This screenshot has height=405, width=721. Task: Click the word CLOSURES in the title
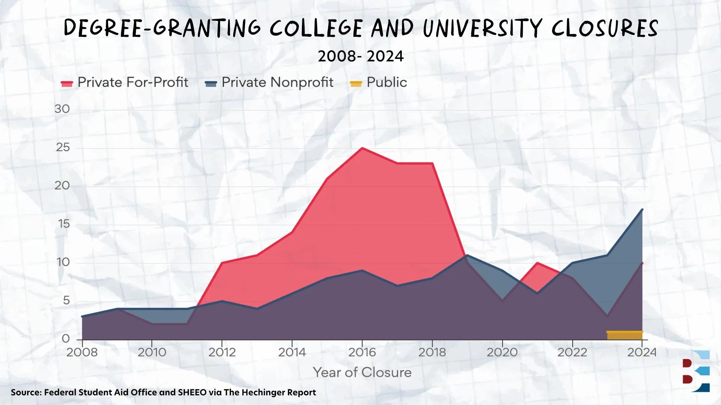(605, 28)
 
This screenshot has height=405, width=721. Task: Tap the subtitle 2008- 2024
(360, 56)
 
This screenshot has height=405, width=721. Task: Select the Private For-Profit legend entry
(124, 82)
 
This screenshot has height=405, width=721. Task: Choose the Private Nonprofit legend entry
(269, 82)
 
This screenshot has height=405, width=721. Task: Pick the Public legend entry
(379, 82)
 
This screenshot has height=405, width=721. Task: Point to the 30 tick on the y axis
(62, 109)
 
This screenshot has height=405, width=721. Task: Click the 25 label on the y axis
(63, 147)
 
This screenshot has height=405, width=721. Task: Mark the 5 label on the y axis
(66, 300)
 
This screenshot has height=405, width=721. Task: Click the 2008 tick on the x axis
(82, 352)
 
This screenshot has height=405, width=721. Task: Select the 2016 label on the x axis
(362, 352)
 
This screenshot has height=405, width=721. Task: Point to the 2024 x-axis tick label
(642, 352)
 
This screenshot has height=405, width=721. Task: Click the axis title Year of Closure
(362, 372)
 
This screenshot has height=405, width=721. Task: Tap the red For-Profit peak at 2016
(362, 148)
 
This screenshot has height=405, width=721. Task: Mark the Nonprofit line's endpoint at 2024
(642, 209)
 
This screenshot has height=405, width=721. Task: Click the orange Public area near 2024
(625, 335)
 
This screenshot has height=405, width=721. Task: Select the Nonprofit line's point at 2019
(466, 255)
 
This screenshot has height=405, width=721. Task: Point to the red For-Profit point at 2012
(222, 263)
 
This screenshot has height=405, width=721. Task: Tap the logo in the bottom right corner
(696, 371)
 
